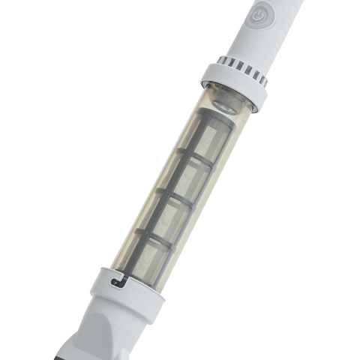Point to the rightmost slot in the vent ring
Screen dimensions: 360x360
263,81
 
